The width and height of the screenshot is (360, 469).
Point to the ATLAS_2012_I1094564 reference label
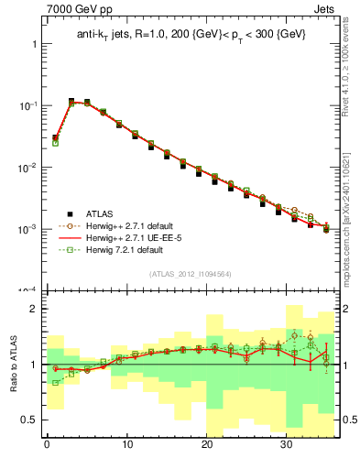190,274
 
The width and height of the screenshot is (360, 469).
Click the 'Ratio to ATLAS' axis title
15,364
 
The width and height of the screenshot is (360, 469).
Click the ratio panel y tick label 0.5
28,420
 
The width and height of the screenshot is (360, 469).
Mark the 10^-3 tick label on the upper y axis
27,229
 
